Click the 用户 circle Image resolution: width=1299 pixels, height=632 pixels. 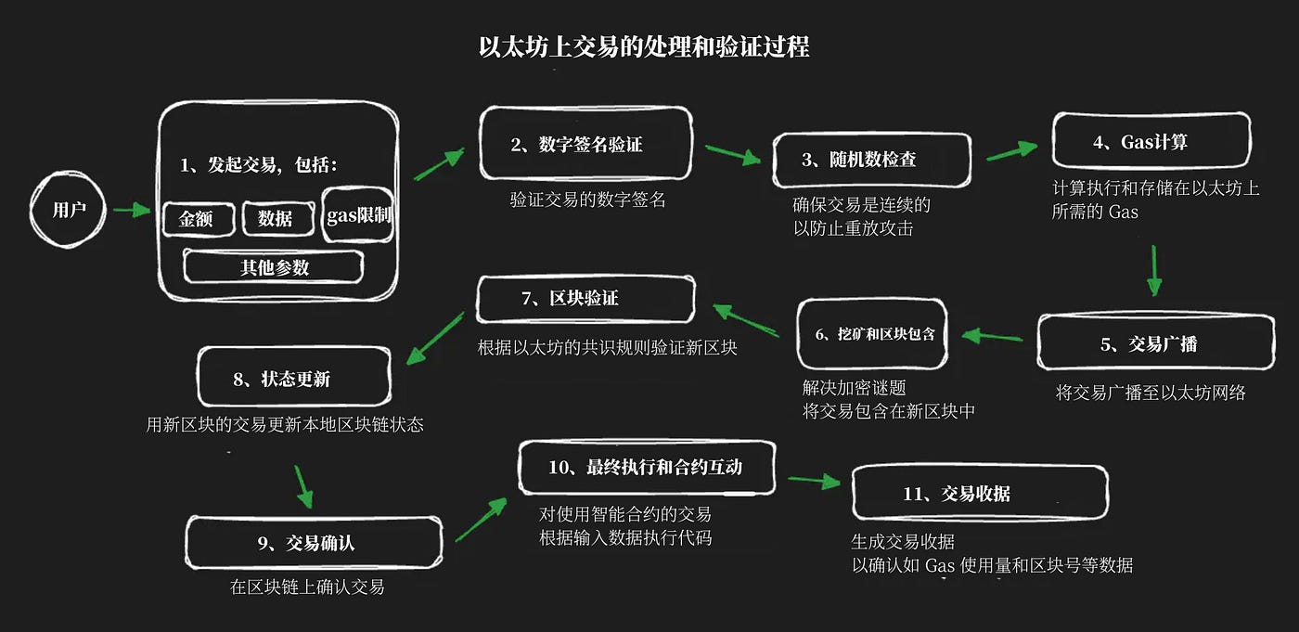69,210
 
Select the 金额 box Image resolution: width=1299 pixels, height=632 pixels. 196,219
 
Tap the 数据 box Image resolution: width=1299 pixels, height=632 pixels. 276,219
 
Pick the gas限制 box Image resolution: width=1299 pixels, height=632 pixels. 358,215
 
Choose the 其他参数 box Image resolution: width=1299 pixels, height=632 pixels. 274,267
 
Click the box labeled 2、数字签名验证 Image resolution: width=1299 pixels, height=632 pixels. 586,144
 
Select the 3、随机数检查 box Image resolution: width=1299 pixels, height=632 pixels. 872,160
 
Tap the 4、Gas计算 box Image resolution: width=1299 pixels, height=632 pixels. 1151,142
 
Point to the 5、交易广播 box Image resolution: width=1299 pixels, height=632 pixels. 1155,343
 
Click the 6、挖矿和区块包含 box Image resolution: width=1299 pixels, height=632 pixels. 872,334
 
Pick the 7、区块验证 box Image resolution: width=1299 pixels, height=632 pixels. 586,299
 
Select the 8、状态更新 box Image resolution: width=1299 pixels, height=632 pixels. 294,378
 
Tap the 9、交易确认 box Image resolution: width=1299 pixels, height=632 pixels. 314,543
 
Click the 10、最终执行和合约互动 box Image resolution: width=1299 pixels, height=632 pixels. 647,467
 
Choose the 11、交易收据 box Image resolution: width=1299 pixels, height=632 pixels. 979,494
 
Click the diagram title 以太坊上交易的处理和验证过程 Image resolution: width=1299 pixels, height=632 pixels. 644,47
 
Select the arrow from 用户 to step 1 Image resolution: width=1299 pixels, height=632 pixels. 131,211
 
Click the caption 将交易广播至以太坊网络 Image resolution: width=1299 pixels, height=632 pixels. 1151,393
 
